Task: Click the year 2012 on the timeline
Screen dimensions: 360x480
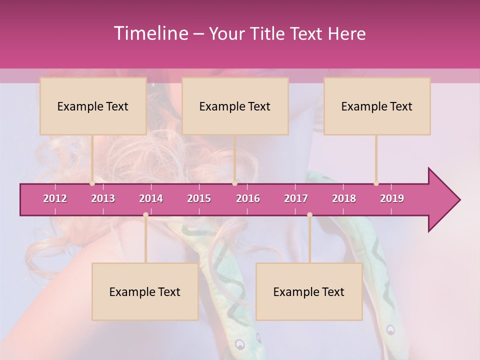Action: pos(55,198)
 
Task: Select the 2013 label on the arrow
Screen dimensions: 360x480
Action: pos(103,198)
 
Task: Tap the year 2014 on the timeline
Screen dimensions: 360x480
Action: pos(151,198)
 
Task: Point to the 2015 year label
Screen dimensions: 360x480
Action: pos(199,198)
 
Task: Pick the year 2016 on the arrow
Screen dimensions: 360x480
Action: pos(248,198)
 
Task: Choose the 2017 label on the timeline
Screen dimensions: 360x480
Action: pos(296,198)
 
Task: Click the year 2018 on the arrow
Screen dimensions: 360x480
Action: pos(344,198)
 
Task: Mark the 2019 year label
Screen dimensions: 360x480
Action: pos(392,198)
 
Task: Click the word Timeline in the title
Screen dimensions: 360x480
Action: pos(150,33)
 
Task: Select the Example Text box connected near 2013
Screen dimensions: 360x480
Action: pos(93,106)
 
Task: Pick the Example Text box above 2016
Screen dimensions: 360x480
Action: pos(235,106)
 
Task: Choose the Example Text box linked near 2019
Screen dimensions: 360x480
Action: pos(377,106)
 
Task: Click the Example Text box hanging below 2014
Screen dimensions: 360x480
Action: pos(145,291)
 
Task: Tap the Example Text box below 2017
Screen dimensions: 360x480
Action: pos(309,291)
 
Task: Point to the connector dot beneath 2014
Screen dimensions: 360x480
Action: pos(145,215)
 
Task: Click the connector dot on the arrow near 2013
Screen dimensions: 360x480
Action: pos(92,183)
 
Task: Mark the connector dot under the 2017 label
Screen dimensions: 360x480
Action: pos(309,215)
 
